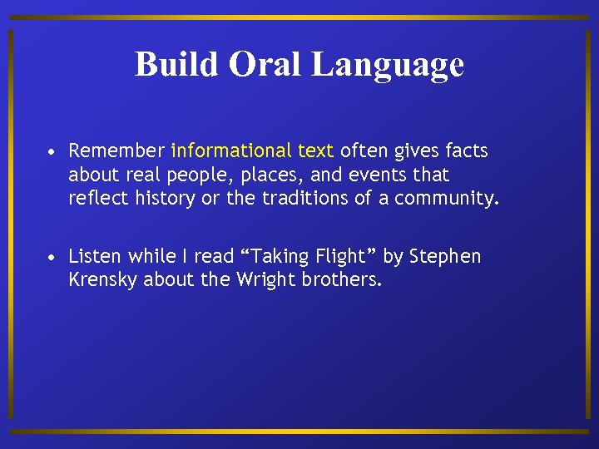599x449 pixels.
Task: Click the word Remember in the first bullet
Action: [x=116, y=150]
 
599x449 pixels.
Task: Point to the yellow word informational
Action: [x=230, y=150]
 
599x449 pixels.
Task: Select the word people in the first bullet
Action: [x=191, y=175]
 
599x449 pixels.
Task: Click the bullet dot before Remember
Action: [x=52, y=152]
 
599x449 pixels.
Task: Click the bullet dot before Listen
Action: [x=52, y=258]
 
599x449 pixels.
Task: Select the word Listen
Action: [x=95, y=256]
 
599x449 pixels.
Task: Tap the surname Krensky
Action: [x=103, y=280]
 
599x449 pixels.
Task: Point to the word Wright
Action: [x=266, y=280]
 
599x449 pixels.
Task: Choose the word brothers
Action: [x=343, y=280]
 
